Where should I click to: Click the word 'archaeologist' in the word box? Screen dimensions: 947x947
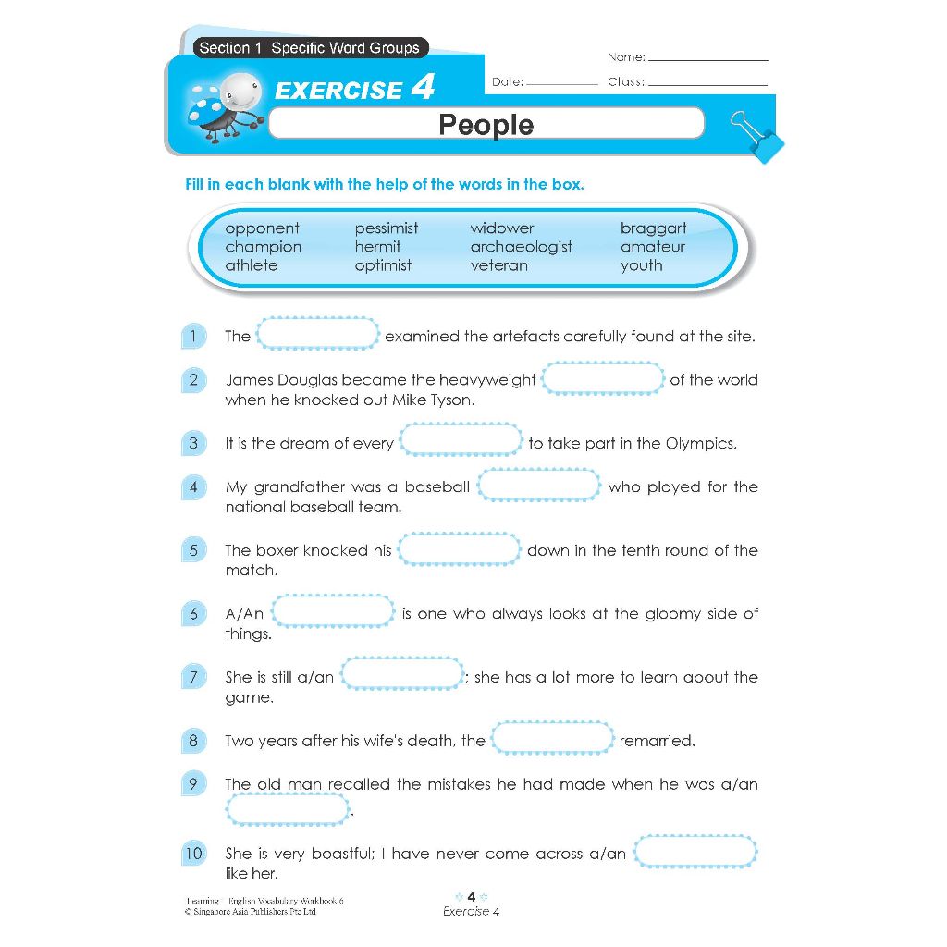click(x=521, y=247)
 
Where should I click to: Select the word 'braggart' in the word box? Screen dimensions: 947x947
click(x=653, y=228)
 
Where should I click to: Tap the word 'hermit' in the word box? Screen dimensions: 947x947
click(x=377, y=247)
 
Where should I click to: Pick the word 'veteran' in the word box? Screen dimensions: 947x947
click(x=498, y=265)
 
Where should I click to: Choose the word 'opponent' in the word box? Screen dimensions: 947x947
click(x=262, y=228)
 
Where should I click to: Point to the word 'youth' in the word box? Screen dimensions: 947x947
click(x=641, y=265)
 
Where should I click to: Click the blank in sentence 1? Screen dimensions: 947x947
click(x=317, y=334)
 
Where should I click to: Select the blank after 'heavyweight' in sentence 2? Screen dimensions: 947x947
click(x=602, y=378)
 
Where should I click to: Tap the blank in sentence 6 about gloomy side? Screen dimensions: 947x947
click(x=334, y=611)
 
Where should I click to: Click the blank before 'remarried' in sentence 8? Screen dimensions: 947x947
click(x=552, y=739)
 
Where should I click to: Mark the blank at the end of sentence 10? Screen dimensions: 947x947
click(x=695, y=852)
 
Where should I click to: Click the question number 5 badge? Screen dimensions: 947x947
click(x=193, y=550)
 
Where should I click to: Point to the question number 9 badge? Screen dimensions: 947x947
click(x=193, y=784)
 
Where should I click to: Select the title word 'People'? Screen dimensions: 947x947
click(x=486, y=124)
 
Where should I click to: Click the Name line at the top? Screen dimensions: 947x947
click(x=707, y=58)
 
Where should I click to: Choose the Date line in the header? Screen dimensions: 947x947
click(x=561, y=83)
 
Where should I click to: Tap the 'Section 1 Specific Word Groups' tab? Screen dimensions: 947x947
click(x=309, y=48)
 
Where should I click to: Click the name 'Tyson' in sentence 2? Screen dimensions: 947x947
click(x=451, y=400)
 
